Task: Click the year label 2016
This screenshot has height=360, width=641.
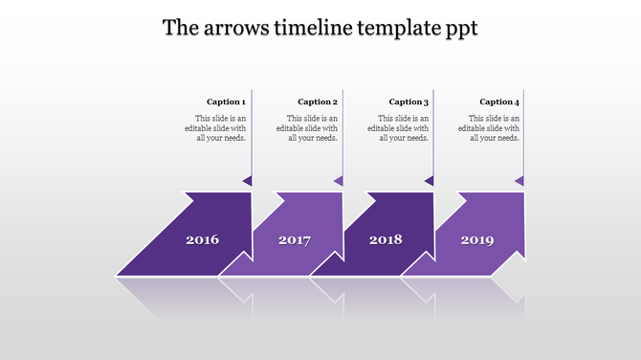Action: point(202,239)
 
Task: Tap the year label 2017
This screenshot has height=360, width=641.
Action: point(295,239)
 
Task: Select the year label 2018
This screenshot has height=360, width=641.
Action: point(386,239)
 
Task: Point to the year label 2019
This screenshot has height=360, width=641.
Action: point(477,239)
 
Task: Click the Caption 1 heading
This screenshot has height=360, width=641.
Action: point(227,101)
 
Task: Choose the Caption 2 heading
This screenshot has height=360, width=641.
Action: point(318,101)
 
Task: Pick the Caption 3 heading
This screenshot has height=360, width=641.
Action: point(409,101)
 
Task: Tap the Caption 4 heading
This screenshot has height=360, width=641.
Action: point(499,101)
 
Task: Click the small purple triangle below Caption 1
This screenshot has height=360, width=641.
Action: point(248,180)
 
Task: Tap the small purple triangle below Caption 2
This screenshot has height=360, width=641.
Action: point(339,180)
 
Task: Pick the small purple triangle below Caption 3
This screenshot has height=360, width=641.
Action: point(430,180)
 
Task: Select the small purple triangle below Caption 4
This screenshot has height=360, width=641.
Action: point(520,180)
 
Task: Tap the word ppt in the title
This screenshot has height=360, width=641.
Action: point(459,30)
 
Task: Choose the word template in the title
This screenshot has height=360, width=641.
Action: point(390,29)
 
